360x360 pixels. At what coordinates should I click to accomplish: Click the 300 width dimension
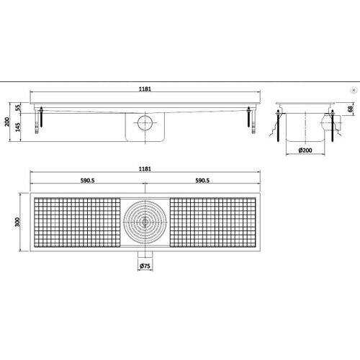pyautogui.click(x=18, y=224)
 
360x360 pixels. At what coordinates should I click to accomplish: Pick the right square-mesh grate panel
pyautogui.click(x=213, y=223)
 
